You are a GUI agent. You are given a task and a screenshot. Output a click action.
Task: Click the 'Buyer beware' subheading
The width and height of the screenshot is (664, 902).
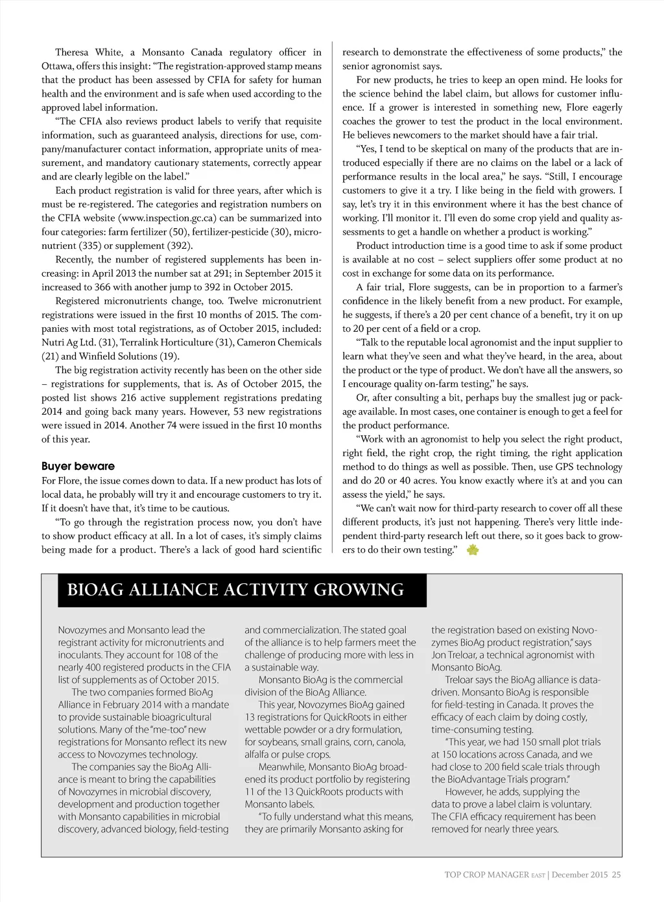tap(78, 466)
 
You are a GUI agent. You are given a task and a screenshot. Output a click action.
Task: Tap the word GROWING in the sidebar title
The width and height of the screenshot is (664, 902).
tap(359, 590)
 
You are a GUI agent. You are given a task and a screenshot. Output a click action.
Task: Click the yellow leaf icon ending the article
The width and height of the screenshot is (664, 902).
tap(473, 550)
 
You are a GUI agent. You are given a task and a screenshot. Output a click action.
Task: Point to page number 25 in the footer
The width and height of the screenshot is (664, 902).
tap(616, 875)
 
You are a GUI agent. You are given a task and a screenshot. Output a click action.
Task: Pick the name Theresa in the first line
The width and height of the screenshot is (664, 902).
tap(72, 52)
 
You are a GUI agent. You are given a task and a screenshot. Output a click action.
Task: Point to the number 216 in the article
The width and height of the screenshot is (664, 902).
tap(128, 398)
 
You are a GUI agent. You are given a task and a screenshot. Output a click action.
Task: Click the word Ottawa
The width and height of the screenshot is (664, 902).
tap(57, 66)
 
